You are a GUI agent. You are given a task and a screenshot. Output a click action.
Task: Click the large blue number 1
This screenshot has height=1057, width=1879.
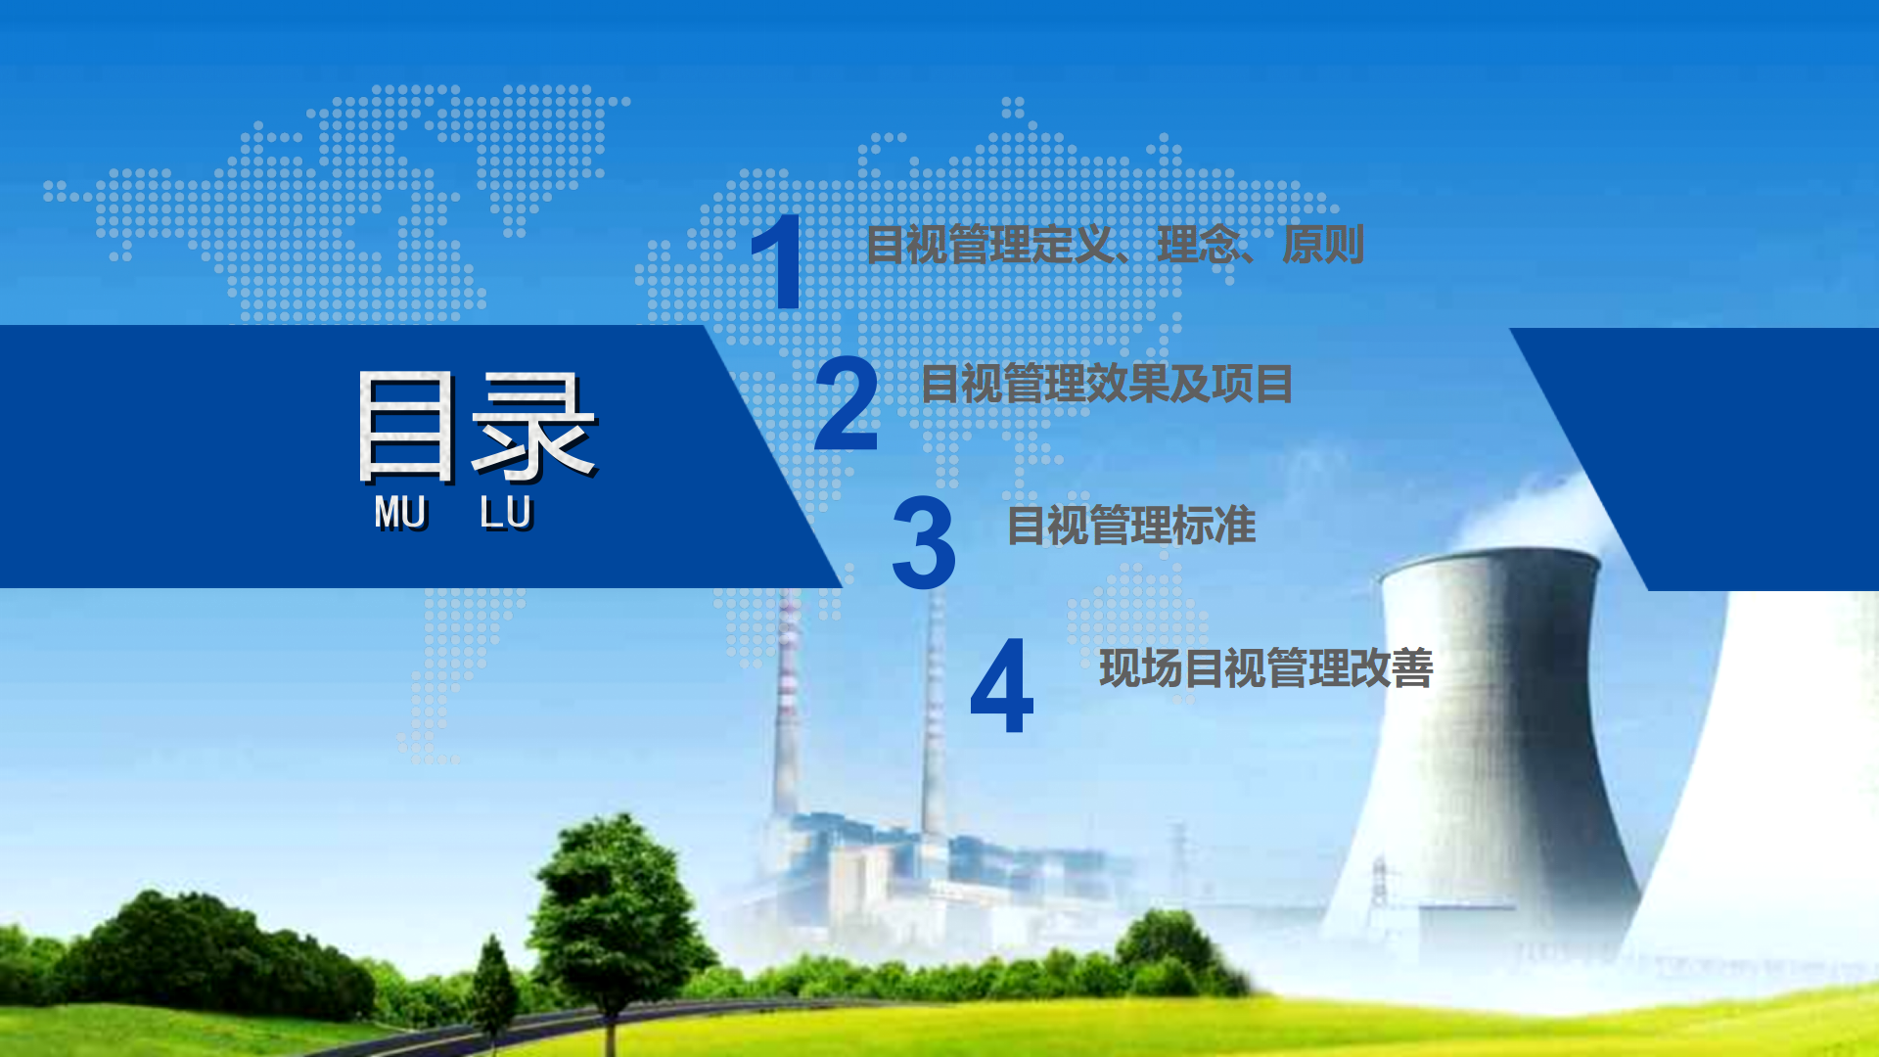click(x=779, y=261)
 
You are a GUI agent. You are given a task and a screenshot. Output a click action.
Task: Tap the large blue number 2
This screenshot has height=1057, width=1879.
click(x=847, y=403)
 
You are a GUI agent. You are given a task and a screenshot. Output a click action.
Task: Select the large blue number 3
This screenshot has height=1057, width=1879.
click(x=924, y=542)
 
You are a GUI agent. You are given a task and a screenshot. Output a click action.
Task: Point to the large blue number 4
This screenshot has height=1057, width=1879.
click(x=1001, y=685)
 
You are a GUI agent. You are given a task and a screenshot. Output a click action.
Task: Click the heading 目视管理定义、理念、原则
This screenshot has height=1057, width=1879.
click(x=1115, y=245)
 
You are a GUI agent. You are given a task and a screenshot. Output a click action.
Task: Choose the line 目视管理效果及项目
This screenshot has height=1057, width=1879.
click(x=1107, y=384)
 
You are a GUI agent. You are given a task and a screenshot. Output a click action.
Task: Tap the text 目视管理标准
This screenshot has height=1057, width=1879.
click(x=1131, y=526)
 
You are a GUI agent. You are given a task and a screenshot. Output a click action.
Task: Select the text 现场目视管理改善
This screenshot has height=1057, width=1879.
click(x=1266, y=668)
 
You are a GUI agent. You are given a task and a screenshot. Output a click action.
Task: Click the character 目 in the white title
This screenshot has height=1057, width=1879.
click(x=407, y=427)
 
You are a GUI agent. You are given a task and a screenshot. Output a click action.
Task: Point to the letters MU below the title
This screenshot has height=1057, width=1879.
click(x=400, y=513)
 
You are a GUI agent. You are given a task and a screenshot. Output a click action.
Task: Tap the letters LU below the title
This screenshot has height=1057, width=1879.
click(x=506, y=513)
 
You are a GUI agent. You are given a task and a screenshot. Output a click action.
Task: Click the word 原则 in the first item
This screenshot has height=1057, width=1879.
click(x=1323, y=245)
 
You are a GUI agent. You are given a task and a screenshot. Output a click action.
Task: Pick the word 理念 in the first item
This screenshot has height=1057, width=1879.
click(x=1199, y=245)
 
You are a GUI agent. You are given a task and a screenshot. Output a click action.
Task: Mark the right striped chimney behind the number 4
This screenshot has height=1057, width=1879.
click(x=935, y=714)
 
